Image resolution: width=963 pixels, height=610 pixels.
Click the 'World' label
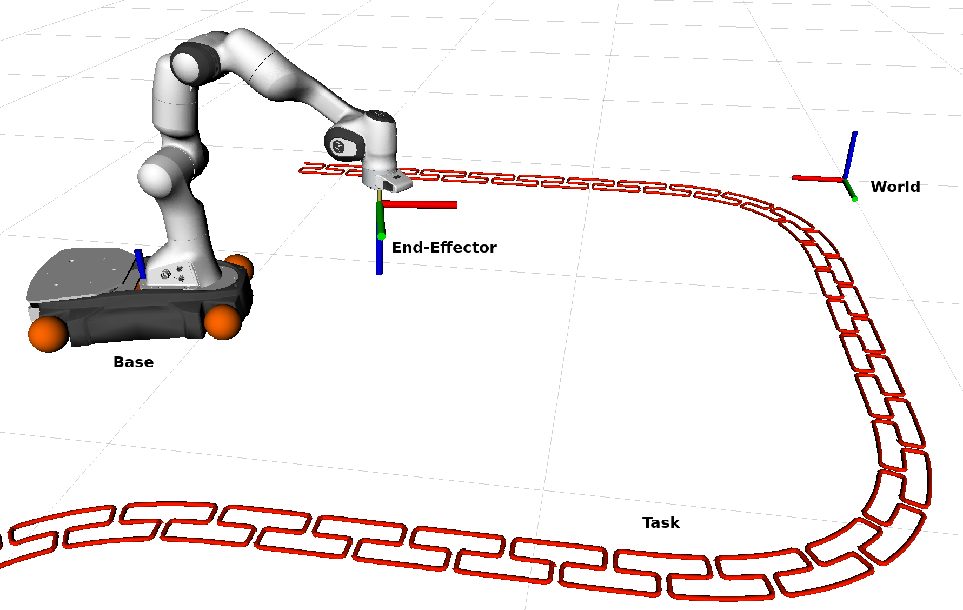(x=895, y=187)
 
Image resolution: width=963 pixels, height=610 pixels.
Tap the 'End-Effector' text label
(x=443, y=248)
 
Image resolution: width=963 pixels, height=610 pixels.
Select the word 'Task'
(x=661, y=523)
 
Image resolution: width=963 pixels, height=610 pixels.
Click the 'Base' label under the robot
(x=133, y=362)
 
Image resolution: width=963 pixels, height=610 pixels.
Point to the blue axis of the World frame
(x=850, y=154)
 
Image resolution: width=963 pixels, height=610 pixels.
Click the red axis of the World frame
(x=816, y=178)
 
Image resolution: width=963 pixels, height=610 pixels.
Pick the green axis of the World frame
(x=850, y=190)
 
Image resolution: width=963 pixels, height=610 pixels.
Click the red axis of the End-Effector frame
(x=422, y=204)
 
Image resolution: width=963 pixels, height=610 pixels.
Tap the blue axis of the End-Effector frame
(x=379, y=257)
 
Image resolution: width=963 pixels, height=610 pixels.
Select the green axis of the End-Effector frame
(x=380, y=219)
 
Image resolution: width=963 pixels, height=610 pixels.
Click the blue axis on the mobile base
(x=140, y=263)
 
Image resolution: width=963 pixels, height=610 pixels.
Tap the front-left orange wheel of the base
(x=48, y=334)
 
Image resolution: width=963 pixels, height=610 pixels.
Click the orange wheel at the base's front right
(x=223, y=321)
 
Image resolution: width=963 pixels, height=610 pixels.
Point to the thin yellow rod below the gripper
(x=379, y=195)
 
